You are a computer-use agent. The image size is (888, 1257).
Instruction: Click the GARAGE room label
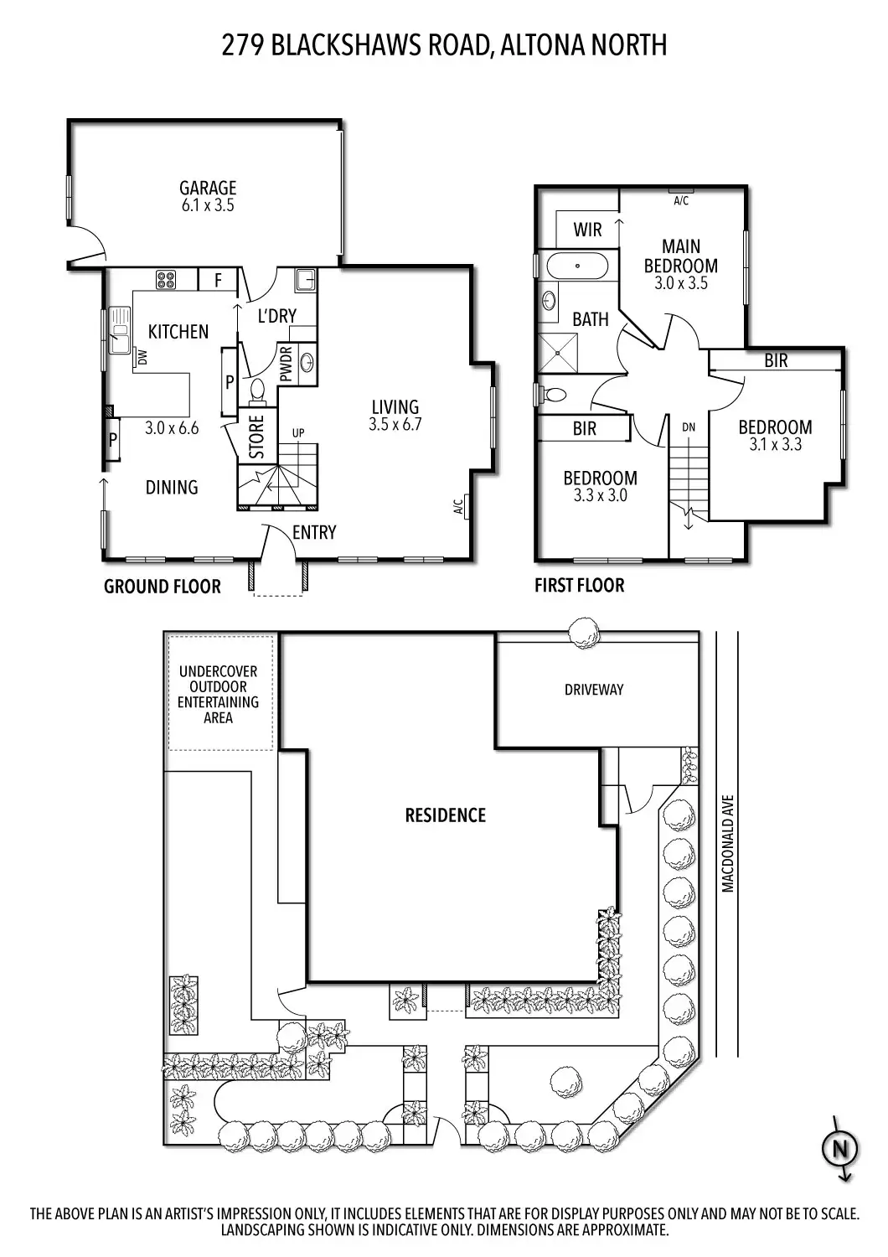[x=208, y=188]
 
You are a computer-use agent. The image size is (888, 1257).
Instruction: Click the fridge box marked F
[x=218, y=280]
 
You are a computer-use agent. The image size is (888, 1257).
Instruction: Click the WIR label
[x=587, y=230]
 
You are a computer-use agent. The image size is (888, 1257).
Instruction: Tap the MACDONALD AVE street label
[x=727, y=843]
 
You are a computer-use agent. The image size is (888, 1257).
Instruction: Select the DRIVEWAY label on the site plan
[x=594, y=690]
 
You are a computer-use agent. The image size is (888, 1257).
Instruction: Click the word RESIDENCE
[x=445, y=815]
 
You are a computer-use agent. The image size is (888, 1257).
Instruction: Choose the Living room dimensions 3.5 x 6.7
[x=395, y=424]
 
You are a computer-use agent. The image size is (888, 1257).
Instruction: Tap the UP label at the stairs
[x=298, y=432]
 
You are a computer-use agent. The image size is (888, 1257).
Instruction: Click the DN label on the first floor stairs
[x=689, y=427]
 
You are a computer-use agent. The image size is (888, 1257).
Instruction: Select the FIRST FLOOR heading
[x=579, y=586]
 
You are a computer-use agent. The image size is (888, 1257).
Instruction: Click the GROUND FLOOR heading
[x=162, y=587]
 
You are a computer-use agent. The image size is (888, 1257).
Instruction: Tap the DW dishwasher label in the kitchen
[x=141, y=358]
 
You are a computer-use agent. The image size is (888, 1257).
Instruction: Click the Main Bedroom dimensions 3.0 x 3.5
[x=680, y=283]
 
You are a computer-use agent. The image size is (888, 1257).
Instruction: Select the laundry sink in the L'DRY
[x=305, y=278]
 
